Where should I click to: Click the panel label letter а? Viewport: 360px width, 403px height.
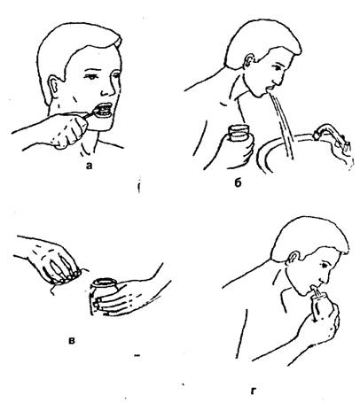pos(89,167)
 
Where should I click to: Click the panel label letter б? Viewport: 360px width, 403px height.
pos(238,183)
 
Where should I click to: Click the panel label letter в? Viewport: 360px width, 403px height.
pos(72,340)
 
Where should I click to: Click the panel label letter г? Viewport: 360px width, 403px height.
pos(253,391)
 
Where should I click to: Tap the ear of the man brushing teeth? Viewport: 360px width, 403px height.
pos(54,87)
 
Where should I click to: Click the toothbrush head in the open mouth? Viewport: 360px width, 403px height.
pos(99,112)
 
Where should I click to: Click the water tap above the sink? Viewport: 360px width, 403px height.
pos(331,135)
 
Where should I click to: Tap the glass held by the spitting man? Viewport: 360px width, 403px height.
pos(239,135)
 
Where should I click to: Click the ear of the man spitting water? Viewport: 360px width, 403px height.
pos(249,61)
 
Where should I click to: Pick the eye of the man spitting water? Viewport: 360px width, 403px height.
pos(278,68)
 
